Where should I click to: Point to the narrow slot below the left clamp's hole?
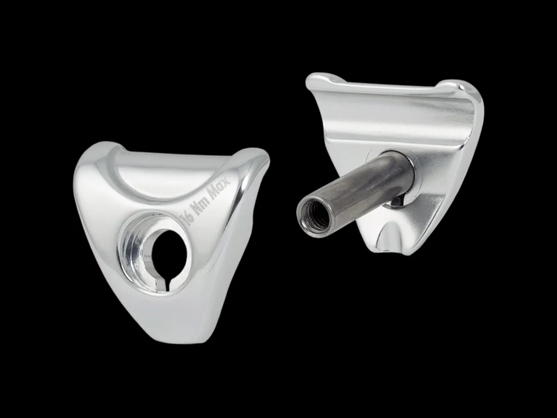[169, 285]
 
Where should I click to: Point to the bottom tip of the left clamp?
[183, 341]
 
